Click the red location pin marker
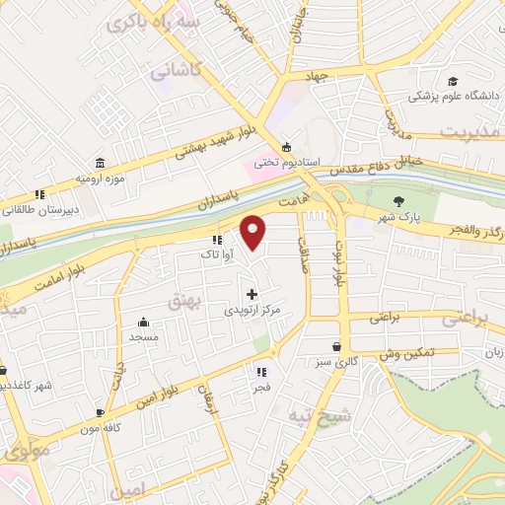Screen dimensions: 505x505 coord(253,232)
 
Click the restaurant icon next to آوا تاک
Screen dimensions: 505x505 coord(217,241)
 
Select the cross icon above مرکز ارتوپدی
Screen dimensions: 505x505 coord(252,294)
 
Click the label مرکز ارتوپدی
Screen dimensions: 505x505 coord(253,310)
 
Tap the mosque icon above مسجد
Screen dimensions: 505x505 coord(143,322)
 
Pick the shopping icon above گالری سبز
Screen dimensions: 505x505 coord(338,347)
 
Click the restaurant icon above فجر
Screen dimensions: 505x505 coord(261,372)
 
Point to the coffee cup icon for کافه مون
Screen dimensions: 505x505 coord(100,412)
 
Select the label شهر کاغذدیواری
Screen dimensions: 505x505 coord(26,385)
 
